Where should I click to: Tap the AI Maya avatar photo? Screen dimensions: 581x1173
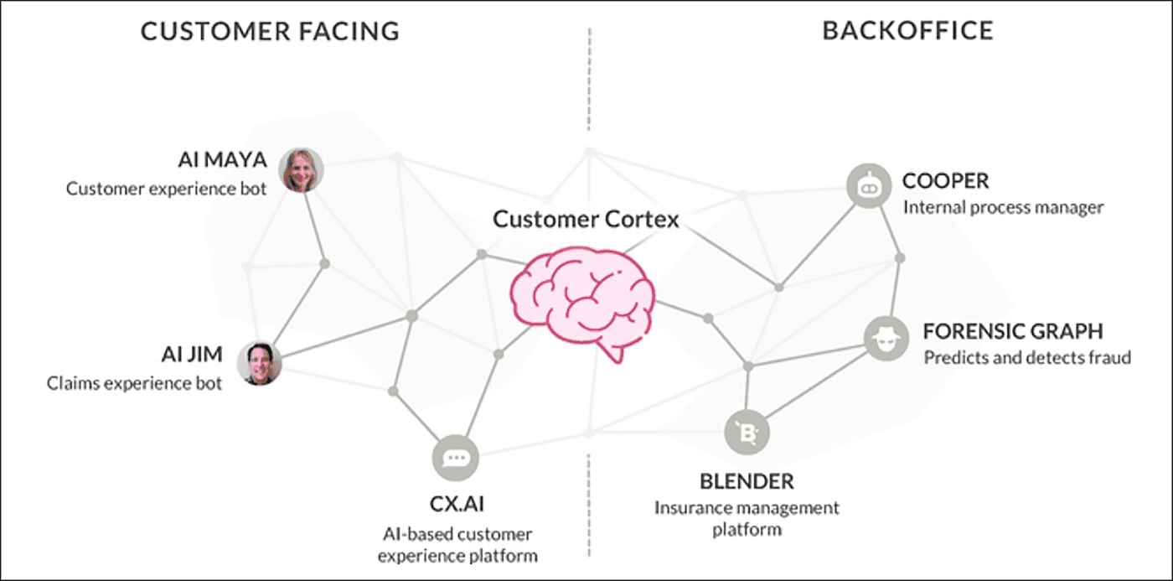coord(301,169)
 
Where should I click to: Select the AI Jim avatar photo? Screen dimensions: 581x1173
coord(259,364)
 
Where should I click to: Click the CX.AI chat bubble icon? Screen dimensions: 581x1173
coord(455,458)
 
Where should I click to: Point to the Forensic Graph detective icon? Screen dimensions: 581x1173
coord(886,339)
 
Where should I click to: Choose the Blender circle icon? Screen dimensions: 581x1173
coord(747,433)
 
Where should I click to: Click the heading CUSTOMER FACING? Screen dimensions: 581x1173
coord(270,32)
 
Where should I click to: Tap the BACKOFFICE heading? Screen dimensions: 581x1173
coord(907,31)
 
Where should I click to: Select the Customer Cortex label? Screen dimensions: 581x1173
coord(586,220)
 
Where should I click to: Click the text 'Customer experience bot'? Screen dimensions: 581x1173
coord(167,189)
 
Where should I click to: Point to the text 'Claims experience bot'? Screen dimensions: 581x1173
coord(135,384)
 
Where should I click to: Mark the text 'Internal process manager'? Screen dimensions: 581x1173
coord(1003,207)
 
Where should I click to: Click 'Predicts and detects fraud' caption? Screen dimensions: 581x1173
coord(1027,358)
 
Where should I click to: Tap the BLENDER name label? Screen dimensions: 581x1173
coord(747,482)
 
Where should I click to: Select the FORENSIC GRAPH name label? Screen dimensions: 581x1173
coord(1013,330)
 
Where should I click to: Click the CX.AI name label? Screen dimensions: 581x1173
coord(456,506)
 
